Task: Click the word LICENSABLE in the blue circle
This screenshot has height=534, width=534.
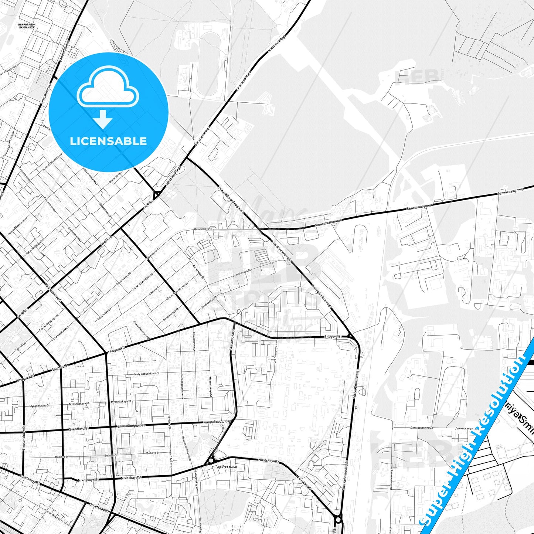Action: pyautogui.click(x=108, y=141)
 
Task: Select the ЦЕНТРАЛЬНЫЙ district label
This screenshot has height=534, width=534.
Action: pyautogui.click(x=227, y=467)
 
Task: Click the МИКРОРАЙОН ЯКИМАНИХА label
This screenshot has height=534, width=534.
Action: pyautogui.click(x=27, y=26)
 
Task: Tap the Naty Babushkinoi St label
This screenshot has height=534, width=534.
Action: pyautogui.click(x=147, y=374)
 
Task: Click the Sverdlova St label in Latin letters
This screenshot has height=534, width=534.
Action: pyautogui.click(x=79, y=429)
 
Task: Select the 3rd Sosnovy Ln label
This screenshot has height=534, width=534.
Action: pyautogui.click(x=275, y=354)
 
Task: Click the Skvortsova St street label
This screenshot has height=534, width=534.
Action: pyautogui.click(x=232, y=340)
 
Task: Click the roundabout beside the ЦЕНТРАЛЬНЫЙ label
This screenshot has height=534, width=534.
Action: pyautogui.click(x=210, y=460)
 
